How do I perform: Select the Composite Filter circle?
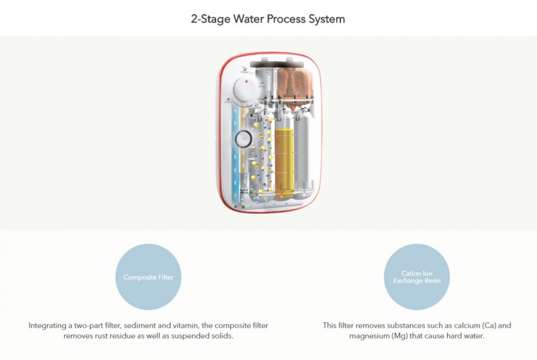[x=148, y=277]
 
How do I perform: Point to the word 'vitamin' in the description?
[x=213, y=325]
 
